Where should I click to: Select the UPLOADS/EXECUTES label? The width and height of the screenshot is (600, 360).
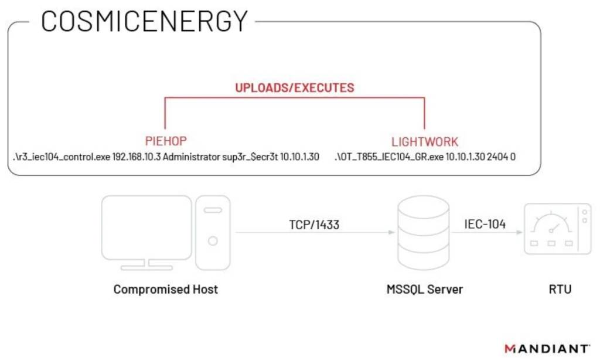point(294,88)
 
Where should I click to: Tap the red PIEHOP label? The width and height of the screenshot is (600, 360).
point(165,141)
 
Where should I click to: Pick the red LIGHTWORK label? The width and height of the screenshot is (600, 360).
point(425,142)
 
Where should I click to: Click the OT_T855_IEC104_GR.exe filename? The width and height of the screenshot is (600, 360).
point(389,158)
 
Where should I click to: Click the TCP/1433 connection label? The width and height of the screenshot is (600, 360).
point(314,224)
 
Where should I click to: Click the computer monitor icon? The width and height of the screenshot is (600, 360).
point(146,232)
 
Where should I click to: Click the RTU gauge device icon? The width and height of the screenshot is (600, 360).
point(557,229)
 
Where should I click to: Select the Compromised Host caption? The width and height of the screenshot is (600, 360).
point(166,289)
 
